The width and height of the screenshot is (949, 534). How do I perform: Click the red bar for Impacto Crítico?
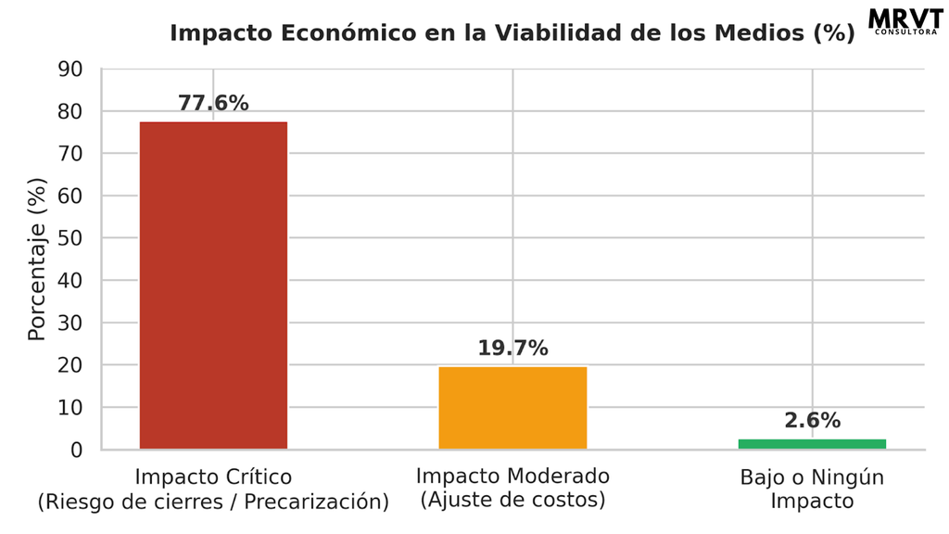214,286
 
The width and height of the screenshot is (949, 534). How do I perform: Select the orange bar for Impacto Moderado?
512,408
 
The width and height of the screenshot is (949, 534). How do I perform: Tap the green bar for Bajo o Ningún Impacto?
812,444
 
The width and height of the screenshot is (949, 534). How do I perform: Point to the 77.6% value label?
213,103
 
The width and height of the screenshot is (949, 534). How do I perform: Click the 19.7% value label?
512,349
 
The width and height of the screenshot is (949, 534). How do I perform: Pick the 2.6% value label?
812,420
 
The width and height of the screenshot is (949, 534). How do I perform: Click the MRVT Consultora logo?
905,22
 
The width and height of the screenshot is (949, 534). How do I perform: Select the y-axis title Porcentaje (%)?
37,260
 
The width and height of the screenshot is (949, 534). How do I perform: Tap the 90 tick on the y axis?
70,70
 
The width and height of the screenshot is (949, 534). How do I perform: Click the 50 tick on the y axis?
70,238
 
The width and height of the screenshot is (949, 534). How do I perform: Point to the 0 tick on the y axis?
76,450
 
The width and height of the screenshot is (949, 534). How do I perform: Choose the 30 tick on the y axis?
70,324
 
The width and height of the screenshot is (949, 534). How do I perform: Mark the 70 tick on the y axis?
70,154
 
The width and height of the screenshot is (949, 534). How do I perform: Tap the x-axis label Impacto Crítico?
213,477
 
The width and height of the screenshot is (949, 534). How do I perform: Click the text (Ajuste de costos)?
512,500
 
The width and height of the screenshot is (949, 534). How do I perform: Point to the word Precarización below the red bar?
316,502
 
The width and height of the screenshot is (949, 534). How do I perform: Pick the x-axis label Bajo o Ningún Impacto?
812,489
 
